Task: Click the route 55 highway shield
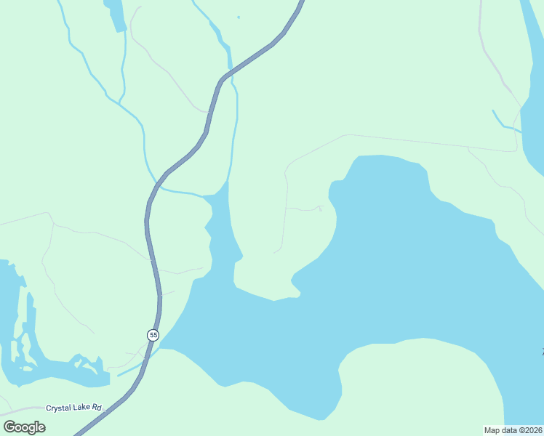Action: pyautogui.click(x=153, y=334)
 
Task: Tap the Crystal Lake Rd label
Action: pyautogui.click(x=73, y=408)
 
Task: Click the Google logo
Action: pyautogui.click(x=24, y=427)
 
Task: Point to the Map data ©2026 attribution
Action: pyautogui.click(x=513, y=430)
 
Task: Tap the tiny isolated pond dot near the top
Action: pyautogui.click(x=238, y=17)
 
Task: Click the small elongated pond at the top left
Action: pyautogui.click(x=115, y=15)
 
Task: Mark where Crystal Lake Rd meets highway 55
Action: pyautogui.click(x=109, y=408)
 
